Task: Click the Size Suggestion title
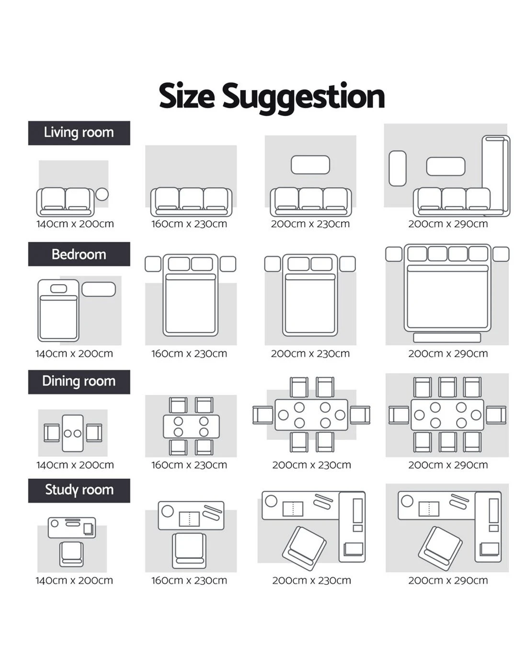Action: tap(272, 97)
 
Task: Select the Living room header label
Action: tap(79, 133)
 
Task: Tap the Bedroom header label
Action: tap(79, 254)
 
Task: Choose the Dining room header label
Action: tap(79, 382)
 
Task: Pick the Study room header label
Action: tap(79, 490)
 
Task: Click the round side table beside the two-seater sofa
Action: tap(102, 194)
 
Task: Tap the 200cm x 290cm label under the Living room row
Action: tap(447, 224)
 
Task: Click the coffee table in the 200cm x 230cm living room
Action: tap(310, 165)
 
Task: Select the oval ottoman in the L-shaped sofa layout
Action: tap(398, 168)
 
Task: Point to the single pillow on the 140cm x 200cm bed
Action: tap(58, 289)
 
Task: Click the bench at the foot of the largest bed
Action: tap(447, 337)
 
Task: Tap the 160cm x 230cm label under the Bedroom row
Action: tap(189, 354)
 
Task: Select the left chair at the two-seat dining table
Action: tap(51, 433)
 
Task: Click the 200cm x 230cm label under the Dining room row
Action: tap(311, 465)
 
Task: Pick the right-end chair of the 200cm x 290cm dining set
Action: tap(496, 415)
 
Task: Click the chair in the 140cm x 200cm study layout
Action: tap(71, 554)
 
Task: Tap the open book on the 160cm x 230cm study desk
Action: tap(189, 519)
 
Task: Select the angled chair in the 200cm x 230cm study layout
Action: tap(304, 549)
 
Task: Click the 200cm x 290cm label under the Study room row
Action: tap(447, 580)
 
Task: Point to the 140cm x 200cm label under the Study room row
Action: tap(74, 580)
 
